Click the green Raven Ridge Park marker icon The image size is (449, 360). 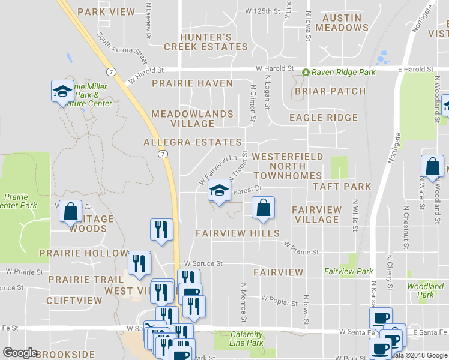[306, 72]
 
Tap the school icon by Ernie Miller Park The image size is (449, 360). [62, 91]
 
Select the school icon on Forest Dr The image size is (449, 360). [220, 191]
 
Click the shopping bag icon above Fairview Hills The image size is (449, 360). [263, 208]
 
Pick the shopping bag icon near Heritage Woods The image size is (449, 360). [71, 211]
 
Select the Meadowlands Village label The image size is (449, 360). [192, 118]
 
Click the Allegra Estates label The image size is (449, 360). [192, 142]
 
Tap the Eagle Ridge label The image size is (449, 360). [324, 118]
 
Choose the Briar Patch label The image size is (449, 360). [330, 91]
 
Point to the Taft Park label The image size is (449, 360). [342, 187]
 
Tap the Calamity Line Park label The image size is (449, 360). [247, 338]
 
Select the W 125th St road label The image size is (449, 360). [263, 11]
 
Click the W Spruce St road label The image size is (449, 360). [203, 263]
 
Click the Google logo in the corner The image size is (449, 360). [20, 353]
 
